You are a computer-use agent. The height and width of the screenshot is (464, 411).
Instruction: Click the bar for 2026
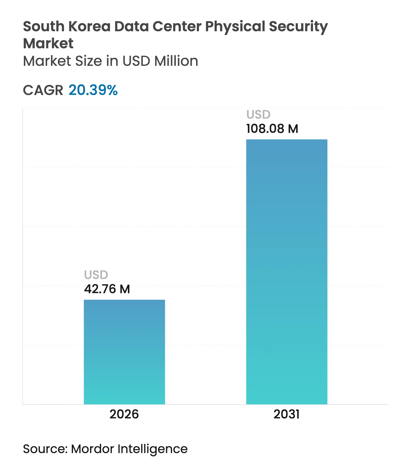(x=124, y=352)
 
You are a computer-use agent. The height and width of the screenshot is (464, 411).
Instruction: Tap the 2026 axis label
(x=124, y=414)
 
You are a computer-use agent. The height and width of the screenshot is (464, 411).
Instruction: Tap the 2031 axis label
(x=286, y=414)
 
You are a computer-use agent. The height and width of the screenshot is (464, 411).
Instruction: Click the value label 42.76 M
(x=107, y=289)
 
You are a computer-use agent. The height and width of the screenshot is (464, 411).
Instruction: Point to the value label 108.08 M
(x=272, y=129)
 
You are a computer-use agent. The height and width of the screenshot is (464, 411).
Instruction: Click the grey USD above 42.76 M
(x=96, y=275)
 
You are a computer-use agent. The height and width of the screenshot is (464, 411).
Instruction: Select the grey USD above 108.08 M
(x=258, y=115)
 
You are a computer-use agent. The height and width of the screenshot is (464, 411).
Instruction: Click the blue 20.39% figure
(x=93, y=90)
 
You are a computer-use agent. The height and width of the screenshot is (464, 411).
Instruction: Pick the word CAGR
(x=43, y=90)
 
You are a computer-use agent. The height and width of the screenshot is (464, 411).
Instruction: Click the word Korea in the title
(x=89, y=26)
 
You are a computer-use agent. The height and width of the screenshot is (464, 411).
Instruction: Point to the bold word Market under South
(x=48, y=43)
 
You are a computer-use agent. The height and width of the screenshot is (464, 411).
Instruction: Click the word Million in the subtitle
(x=176, y=61)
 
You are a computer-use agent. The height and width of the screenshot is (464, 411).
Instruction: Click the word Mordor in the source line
(x=92, y=449)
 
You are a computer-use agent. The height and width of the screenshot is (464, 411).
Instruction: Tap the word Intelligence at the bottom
(x=152, y=449)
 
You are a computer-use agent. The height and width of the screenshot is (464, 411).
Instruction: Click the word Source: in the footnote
(x=45, y=449)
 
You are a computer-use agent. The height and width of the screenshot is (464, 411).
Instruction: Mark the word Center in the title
(x=177, y=26)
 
